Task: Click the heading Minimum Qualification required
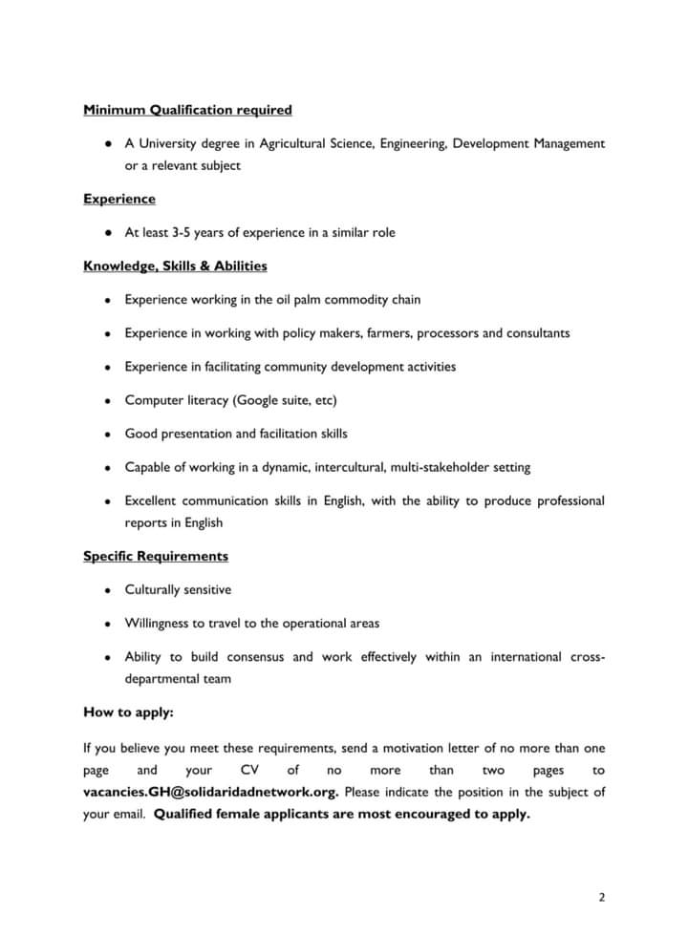tap(187, 110)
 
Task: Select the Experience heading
tap(119, 199)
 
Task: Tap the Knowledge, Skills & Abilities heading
tap(175, 266)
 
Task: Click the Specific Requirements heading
tap(156, 556)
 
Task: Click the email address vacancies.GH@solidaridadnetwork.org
tap(210, 793)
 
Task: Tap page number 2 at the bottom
tap(602, 897)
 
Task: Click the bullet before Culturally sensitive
tap(110, 590)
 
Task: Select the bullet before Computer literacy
tap(110, 400)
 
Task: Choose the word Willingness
tap(160, 624)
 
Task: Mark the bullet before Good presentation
tap(110, 434)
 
